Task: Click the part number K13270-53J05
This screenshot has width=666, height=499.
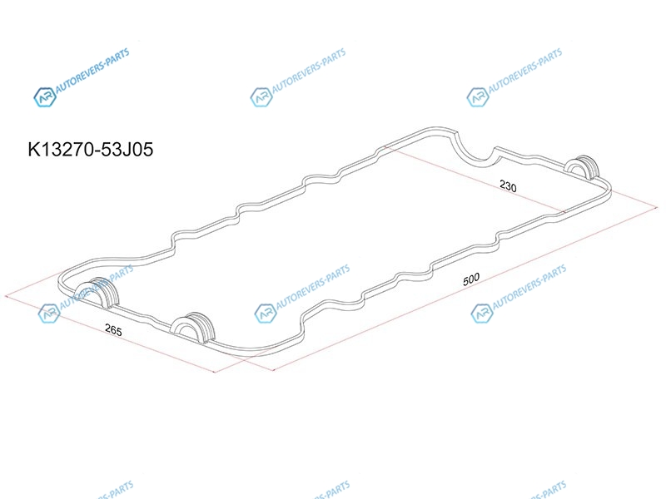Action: pos(91,150)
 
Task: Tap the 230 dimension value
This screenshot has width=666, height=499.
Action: pos(508,185)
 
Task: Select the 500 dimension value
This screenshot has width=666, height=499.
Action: pos(471,279)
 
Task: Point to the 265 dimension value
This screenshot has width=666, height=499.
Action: pos(113,329)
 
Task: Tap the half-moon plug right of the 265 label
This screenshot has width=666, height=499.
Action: pos(193,327)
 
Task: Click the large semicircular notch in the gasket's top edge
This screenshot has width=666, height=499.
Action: pos(475,156)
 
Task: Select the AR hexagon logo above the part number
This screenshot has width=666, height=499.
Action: pos(45,96)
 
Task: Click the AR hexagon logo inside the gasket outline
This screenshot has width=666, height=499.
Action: pos(266,314)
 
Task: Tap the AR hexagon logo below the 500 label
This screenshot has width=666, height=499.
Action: pos(482,314)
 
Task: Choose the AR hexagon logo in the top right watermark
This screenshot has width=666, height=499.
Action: pos(477,96)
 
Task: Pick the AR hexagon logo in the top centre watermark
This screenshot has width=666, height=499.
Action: pos(261,96)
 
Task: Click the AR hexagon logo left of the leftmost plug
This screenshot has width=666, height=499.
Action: pos(49,314)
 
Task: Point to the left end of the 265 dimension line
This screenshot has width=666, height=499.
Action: pos(5,296)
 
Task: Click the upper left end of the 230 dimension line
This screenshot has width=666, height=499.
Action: pos(385,147)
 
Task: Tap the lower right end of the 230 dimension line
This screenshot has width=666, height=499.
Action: pos(565,211)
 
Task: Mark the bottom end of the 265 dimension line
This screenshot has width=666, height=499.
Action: pos(215,372)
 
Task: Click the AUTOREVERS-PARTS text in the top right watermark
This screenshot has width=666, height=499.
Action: pos(525,71)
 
